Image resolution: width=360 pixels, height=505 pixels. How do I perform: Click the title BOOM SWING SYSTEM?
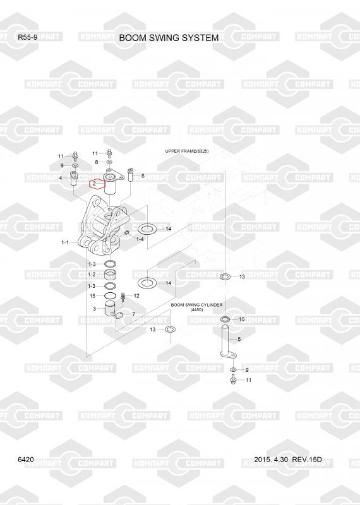(169, 38)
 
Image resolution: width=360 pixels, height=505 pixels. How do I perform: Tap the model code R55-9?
(27, 37)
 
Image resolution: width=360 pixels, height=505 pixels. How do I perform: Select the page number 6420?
(26, 460)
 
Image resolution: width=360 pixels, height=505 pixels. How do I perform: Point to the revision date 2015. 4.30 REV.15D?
(287, 460)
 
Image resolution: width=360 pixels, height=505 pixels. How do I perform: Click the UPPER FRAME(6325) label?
(186, 151)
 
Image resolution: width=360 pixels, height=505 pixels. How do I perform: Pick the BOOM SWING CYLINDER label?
(196, 305)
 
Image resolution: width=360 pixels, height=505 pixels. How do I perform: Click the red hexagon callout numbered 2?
(97, 184)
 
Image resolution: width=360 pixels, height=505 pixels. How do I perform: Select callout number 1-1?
(65, 242)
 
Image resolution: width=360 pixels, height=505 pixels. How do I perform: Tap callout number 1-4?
(140, 239)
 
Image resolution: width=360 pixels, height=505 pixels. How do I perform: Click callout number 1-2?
(92, 275)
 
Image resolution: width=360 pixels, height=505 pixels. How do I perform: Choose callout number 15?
(92, 295)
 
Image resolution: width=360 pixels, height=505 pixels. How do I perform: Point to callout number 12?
(136, 295)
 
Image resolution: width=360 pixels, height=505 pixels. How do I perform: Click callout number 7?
(133, 314)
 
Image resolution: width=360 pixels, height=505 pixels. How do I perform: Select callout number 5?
(239, 339)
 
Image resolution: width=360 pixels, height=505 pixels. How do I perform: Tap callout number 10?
(242, 319)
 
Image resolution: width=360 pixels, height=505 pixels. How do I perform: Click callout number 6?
(143, 176)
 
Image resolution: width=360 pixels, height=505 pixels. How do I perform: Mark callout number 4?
(61, 178)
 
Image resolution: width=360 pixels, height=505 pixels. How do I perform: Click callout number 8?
(97, 162)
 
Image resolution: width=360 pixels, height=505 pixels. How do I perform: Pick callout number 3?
(94, 309)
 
